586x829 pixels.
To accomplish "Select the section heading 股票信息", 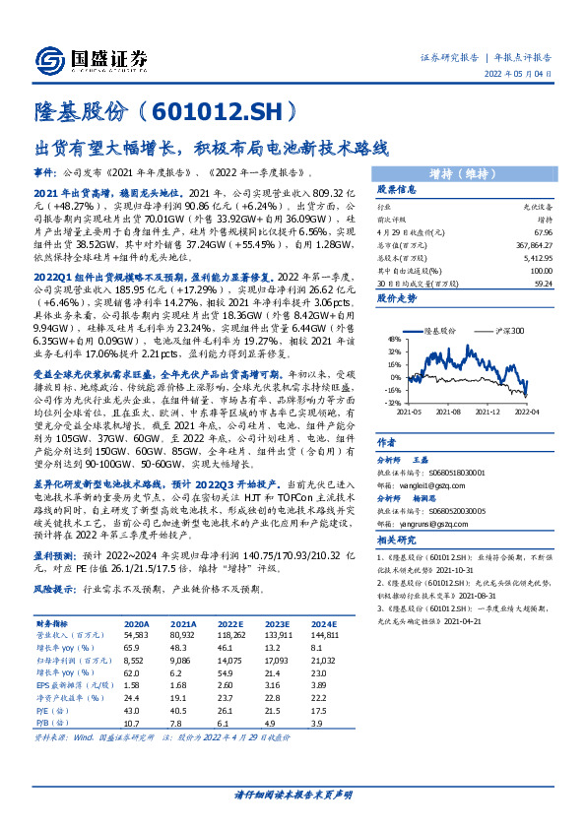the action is coord(396,189).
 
